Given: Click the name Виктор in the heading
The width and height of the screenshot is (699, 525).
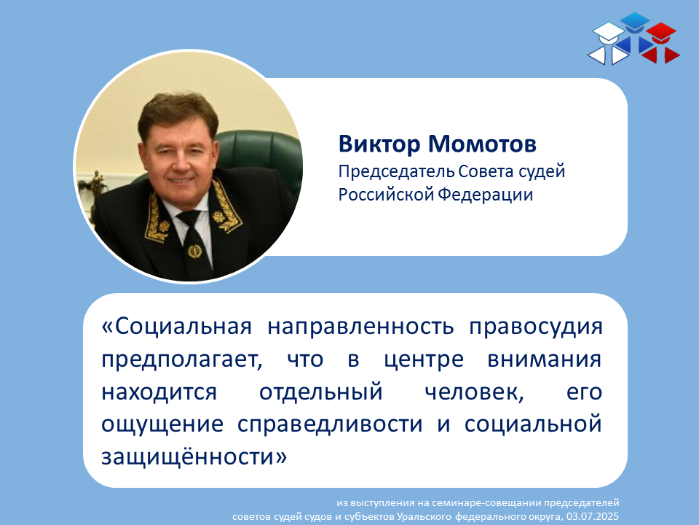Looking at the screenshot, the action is point(379,144).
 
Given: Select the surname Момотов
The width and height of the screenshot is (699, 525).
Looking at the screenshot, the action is point(482,144).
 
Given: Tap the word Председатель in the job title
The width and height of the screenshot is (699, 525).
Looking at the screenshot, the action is point(396,172).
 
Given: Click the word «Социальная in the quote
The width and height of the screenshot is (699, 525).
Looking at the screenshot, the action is point(176,327).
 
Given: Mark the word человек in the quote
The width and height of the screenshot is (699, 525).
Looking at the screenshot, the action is point(474,392).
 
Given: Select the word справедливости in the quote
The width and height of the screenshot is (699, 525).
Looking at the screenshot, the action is point(330,424).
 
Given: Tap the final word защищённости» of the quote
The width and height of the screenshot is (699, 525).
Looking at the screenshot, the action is point(194,456).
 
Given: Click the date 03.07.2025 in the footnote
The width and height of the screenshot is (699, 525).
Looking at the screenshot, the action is point(593,516).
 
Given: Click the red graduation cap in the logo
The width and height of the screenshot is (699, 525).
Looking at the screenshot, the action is point(661,33).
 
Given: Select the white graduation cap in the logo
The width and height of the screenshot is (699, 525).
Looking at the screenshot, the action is point(608,34).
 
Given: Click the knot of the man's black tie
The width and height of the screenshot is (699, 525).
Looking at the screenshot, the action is point(189,218).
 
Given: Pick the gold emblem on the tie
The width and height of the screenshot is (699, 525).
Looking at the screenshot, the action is point(194,252).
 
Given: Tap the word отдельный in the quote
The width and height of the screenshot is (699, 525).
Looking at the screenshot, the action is point(321,392).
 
